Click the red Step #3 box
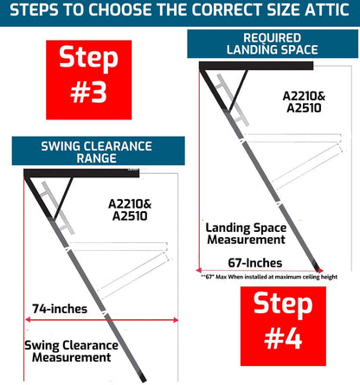[x=88, y=77]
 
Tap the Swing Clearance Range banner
[x=95, y=151]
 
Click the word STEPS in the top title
[x=36, y=11]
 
